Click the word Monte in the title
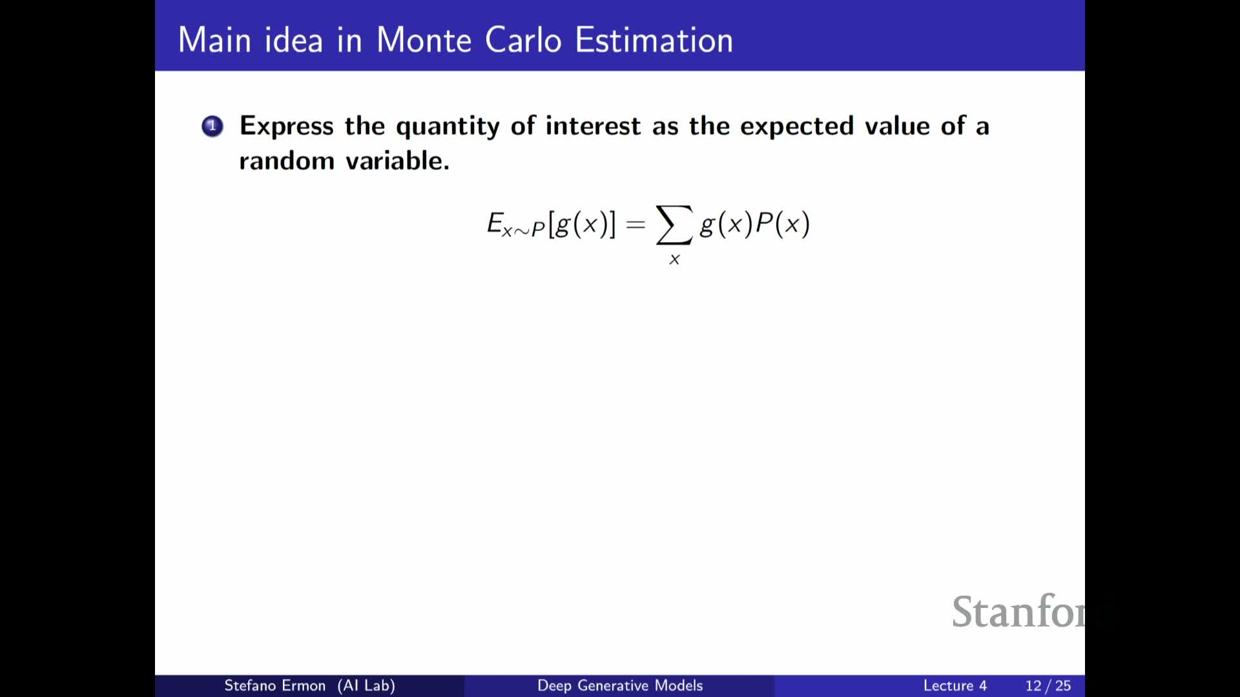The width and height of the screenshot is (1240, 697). [x=424, y=40]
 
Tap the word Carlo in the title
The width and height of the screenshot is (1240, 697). [x=523, y=40]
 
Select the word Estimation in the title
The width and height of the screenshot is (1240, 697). [x=654, y=40]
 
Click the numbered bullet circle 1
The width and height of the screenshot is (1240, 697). [x=212, y=126]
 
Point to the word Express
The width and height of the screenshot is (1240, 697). [x=287, y=126]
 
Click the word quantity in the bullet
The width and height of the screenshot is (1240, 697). [x=448, y=126]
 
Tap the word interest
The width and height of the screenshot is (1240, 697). [x=593, y=126]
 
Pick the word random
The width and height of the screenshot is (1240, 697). [x=286, y=161]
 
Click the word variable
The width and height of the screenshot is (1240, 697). [x=398, y=161]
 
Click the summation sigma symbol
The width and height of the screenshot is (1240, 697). [x=674, y=225]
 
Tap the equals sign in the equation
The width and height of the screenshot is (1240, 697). [x=635, y=224]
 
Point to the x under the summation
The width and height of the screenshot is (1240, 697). [x=674, y=259]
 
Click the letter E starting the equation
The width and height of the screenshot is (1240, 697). [x=495, y=223]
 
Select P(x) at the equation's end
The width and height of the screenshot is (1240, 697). [x=782, y=224]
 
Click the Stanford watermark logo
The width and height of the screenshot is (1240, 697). [x=1018, y=611]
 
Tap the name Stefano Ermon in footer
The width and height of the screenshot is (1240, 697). [x=274, y=685]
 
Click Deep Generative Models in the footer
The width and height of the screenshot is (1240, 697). [x=620, y=685]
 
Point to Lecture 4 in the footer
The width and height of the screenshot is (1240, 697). [x=955, y=685]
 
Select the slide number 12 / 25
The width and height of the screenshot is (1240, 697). [x=1048, y=685]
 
